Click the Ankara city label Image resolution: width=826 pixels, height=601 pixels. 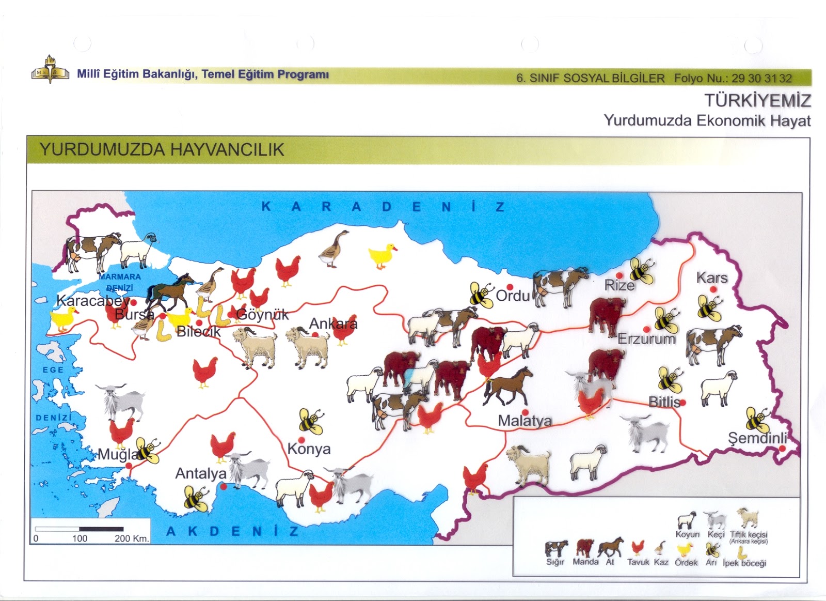coord(333,324)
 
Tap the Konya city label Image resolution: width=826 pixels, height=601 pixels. coord(309,449)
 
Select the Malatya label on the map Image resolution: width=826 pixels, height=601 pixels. coord(525,421)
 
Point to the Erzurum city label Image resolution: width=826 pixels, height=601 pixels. coord(646,339)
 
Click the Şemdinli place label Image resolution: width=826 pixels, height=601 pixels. coord(757,438)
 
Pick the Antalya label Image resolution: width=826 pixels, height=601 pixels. coord(201,473)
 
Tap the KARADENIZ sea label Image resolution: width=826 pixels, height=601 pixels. coord(383,207)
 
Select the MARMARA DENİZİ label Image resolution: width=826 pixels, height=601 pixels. coord(120,282)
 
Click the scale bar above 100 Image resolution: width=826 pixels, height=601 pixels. coord(80,529)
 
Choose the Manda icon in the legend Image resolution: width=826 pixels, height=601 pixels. coord(585,548)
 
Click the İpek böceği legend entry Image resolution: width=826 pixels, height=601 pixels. coord(743,553)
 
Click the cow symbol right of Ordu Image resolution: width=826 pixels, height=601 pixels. coord(560,286)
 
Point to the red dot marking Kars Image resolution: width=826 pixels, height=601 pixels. coord(713,290)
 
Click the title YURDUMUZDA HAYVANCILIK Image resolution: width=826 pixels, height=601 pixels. coord(162,150)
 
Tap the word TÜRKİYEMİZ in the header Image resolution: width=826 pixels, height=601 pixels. coord(757,100)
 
